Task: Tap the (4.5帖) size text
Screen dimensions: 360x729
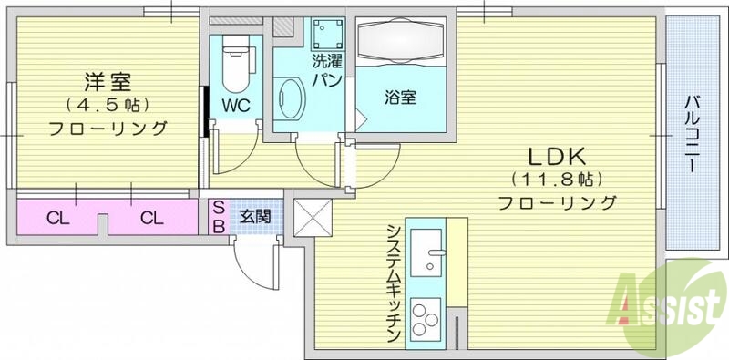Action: [107, 103]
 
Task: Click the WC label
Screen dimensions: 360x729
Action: [236, 104]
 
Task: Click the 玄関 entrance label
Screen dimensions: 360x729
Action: [254, 217]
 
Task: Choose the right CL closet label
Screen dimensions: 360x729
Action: [151, 218]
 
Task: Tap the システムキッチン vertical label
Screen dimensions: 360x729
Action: [394, 283]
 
